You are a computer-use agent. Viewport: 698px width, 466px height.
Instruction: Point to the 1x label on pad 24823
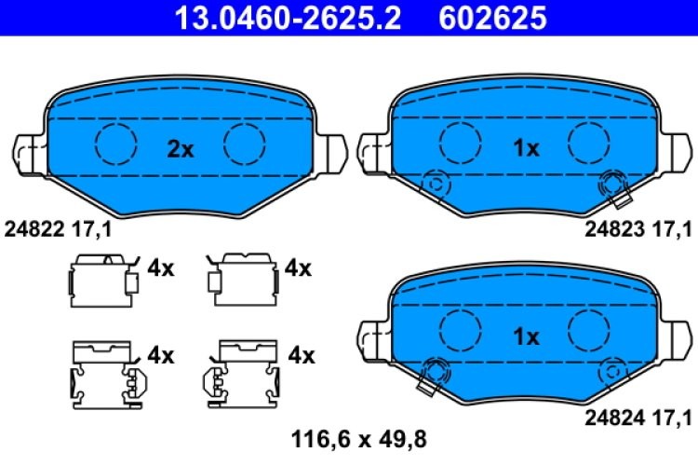(526, 149)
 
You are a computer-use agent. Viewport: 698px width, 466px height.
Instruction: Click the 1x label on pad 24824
(526, 337)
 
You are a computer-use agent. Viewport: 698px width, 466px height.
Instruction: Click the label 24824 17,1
(638, 416)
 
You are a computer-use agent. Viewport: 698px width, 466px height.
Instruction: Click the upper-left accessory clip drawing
(101, 279)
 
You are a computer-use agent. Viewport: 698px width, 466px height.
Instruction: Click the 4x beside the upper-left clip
(161, 269)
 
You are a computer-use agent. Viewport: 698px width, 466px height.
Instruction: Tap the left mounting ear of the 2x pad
(28, 149)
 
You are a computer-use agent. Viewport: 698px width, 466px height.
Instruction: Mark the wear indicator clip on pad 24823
(615, 188)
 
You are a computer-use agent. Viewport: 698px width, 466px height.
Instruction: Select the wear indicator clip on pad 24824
(431, 375)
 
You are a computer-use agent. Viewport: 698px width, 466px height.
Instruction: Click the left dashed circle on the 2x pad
(116, 143)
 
